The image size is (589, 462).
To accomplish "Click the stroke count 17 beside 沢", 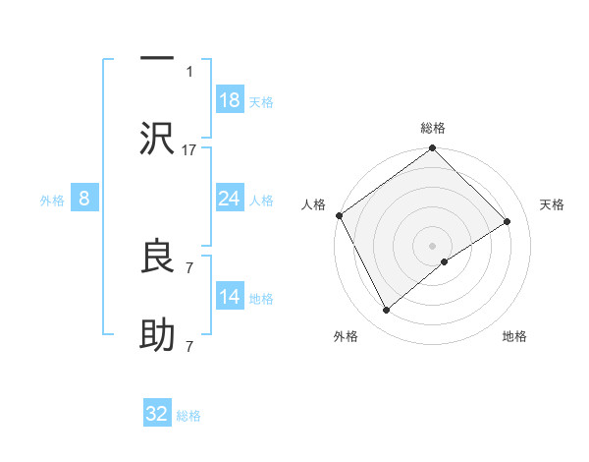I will point(189,149).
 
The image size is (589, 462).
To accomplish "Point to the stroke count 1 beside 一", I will point(189,71).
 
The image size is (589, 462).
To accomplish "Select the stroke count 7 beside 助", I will point(189,347).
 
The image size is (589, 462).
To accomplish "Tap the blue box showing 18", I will point(229,99).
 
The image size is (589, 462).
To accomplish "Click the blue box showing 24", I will point(229,199).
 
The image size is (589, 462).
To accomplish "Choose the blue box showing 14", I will point(229,297).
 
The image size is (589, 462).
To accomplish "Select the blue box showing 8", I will point(84,199).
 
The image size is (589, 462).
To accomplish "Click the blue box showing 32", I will point(157,414).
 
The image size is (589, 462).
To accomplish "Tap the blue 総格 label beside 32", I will point(188,416).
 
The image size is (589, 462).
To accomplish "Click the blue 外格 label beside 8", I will point(52,201).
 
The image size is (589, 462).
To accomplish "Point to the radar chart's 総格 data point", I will point(432,149).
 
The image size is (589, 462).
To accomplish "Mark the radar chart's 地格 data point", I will point(445,260).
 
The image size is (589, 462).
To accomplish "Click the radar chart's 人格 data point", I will point(339,215).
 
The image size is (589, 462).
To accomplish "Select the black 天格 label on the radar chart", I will point(553,204).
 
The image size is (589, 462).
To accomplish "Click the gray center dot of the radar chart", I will point(432,245).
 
